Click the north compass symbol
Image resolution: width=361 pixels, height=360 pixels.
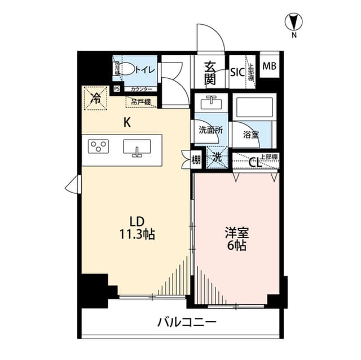(x=294, y=23)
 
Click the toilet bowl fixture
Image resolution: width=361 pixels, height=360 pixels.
(x=127, y=69)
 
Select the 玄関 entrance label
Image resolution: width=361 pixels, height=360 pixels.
(x=209, y=73)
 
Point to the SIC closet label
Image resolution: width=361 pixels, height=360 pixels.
(x=237, y=72)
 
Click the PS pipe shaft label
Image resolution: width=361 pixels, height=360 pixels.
(x=117, y=88)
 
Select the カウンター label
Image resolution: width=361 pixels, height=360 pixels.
(x=140, y=89)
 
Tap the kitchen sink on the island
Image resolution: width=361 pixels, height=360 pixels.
(x=137, y=148)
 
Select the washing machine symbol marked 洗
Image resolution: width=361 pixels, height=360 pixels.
(x=216, y=158)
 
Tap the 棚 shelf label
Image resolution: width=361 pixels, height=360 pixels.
(x=196, y=160)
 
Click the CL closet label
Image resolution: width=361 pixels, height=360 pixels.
(x=255, y=162)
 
